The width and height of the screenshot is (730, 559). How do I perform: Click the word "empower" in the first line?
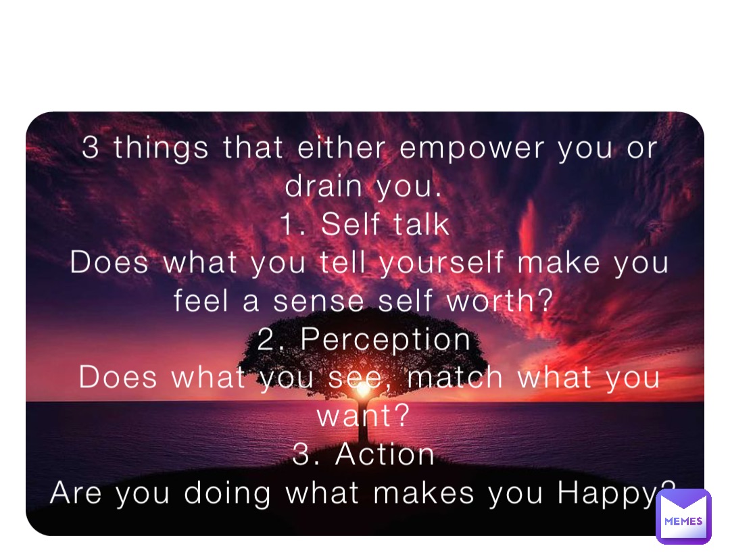[x=472, y=149]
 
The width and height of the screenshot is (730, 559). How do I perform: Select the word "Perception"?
[x=385, y=340]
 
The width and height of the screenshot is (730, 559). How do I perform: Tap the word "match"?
[x=455, y=377]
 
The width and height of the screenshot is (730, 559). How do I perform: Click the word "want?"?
[x=363, y=416]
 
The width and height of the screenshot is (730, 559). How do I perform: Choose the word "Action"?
[x=385, y=454]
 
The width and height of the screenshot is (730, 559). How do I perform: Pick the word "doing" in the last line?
[x=227, y=494]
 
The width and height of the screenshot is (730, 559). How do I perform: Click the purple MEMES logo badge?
[x=683, y=516]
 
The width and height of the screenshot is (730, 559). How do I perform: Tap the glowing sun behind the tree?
[x=363, y=391]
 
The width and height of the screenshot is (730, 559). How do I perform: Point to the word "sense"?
[x=318, y=301]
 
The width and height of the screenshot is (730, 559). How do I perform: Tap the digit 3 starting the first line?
[x=90, y=149]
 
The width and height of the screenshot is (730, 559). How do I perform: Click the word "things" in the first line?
[x=161, y=149]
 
